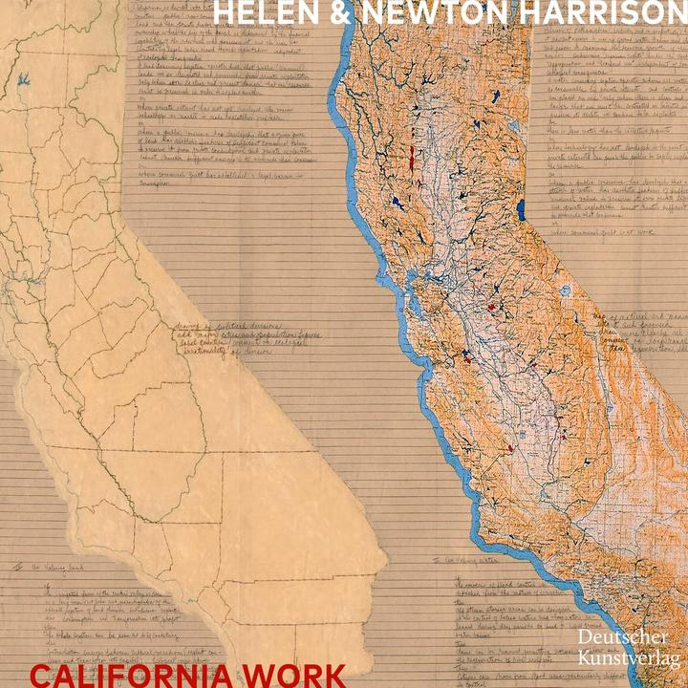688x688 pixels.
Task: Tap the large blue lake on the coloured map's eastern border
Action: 520,209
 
